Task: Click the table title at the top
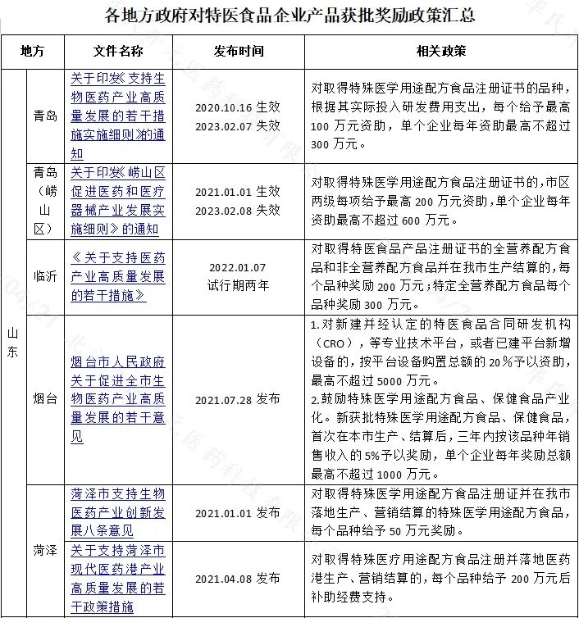click(x=289, y=15)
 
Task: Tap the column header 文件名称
click(x=118, y=52)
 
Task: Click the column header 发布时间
click(x=238, y=52)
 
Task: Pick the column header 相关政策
click(x=441, y=52)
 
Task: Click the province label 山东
click(x=12, y=344)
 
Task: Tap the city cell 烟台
click(x=45, y=399)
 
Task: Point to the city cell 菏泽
click(x=45, y=549)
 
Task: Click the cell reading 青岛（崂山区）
click(x=45, y=200)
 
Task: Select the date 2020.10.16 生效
click(x=238, y=107)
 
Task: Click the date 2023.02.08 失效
click(x=238, y=209)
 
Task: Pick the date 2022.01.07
click(x=238, y=267)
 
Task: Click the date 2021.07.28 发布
click(x=238, y=399)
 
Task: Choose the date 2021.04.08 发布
click(x=238, y=578)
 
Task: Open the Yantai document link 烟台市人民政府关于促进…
click(x=118, y=399)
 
